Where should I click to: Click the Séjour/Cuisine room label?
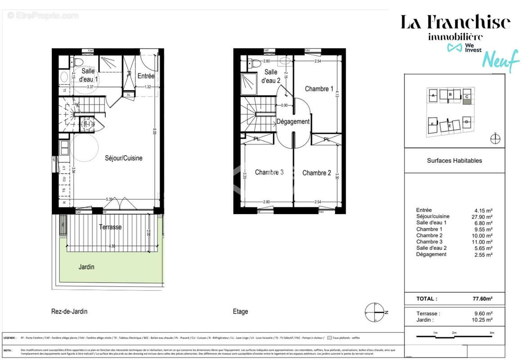(x=123, y=158)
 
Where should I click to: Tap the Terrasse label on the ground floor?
(x=110, y=227)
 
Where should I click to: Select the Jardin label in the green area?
(x=86, y=267)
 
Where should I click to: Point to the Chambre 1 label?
(x=319, y=89)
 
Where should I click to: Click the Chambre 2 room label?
(x=316, y=173)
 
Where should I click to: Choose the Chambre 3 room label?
(x=269, y=172)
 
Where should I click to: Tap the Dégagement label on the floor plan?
(x=293, y=121)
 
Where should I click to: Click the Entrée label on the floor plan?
(x=146, y=76)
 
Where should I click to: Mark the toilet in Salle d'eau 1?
(x=78, y=61)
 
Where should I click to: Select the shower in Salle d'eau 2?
(x=248, y=84)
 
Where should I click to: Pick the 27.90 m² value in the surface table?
(x=483, y=216)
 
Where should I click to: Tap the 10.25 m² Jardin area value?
(x=483, y=320)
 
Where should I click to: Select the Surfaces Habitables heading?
(x=454, y=161)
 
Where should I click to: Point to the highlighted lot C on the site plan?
(x=467, y=97)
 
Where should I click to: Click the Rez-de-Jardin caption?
(x=69, y=311)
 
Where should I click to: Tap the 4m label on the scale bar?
(x=491, y=333)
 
